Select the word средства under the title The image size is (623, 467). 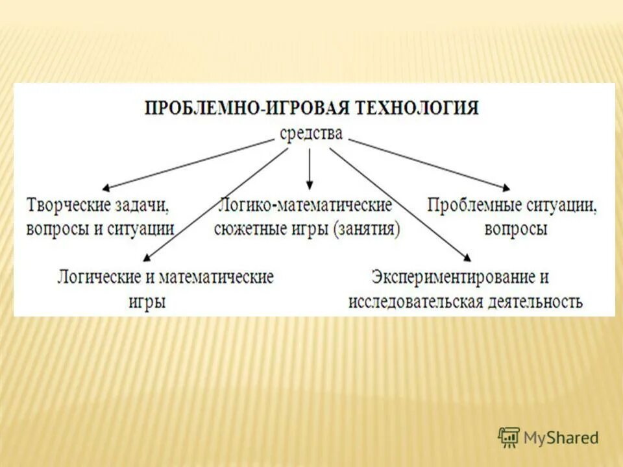tap(311, 134)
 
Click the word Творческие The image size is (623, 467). tap(67, 206)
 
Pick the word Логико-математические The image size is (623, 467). tap(306, 206)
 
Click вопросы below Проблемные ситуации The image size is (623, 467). tap(515, 229)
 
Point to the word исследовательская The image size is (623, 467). tap(415, 302)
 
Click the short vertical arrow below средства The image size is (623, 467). tap(310, 169)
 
